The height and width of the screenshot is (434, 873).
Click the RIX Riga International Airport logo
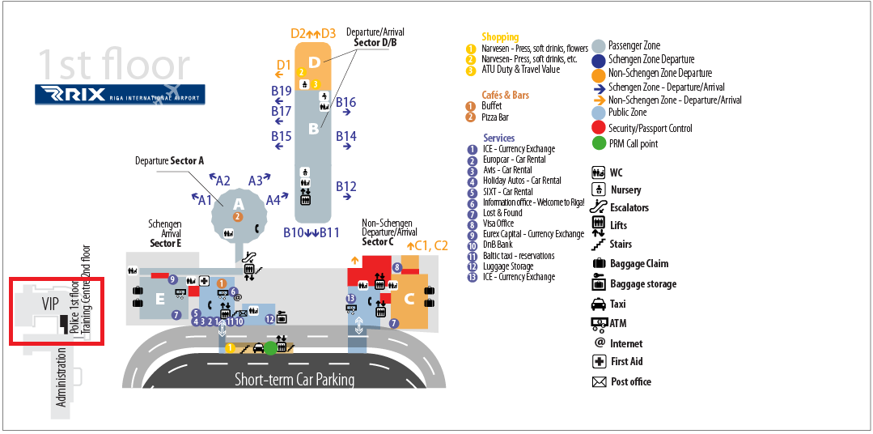(120, 94)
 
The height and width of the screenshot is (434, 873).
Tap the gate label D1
(284, 65)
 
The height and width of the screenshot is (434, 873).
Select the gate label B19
(282, 91)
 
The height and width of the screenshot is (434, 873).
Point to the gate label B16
(345, 102)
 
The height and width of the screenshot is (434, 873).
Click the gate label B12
(345, 186)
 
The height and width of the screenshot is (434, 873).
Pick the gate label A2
(223, 181)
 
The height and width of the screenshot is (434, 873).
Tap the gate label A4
(273, 199)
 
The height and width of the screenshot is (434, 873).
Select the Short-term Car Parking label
(295, 380)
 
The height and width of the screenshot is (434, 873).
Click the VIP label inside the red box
(51, 304)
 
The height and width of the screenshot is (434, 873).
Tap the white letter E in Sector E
(160, 299)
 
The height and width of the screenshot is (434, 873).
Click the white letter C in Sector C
(409, 299)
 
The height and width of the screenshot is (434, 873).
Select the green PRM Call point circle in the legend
(599, 144)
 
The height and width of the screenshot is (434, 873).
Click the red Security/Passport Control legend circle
(599, 128)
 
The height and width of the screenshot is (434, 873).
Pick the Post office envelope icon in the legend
(599, 381)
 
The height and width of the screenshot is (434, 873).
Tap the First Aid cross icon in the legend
(599, 362)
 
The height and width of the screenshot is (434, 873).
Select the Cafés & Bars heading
(506, 96)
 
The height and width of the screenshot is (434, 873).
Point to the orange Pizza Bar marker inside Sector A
(238, 216)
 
